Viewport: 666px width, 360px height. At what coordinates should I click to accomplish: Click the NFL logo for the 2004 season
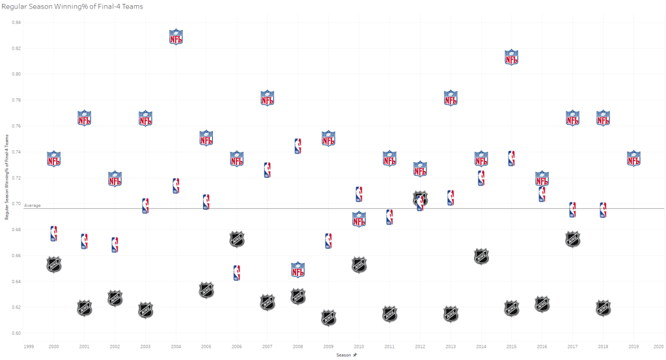coord(176,37)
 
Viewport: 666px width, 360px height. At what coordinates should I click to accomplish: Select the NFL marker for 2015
coord(512,57)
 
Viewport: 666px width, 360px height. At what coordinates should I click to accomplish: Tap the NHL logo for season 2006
coord(237,239)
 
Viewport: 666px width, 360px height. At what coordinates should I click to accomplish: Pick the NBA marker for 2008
coord(298,146)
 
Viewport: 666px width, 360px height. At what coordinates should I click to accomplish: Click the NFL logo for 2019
coord(633,158)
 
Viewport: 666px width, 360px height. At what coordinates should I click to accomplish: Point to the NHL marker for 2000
coord(54,264)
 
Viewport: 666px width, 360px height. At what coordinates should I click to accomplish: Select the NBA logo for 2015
coord(511,158)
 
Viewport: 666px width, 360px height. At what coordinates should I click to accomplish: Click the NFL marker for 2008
coord(298,269)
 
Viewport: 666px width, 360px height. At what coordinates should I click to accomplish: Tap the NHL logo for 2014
coord(481,256)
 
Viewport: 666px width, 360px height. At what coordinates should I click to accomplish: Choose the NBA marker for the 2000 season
coord(53,234)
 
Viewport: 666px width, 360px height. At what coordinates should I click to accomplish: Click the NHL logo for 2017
coord(572,239)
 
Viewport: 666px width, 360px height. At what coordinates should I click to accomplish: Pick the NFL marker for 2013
coord(451,98)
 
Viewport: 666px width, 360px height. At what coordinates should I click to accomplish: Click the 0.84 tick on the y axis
coord(17,23)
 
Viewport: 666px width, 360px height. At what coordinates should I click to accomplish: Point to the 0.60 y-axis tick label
coord(17,333)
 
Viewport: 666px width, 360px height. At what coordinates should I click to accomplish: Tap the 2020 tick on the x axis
coord(659,347)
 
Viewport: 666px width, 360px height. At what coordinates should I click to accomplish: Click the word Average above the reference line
coord(33,206)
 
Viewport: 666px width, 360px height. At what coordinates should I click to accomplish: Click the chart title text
coord(72,7)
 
